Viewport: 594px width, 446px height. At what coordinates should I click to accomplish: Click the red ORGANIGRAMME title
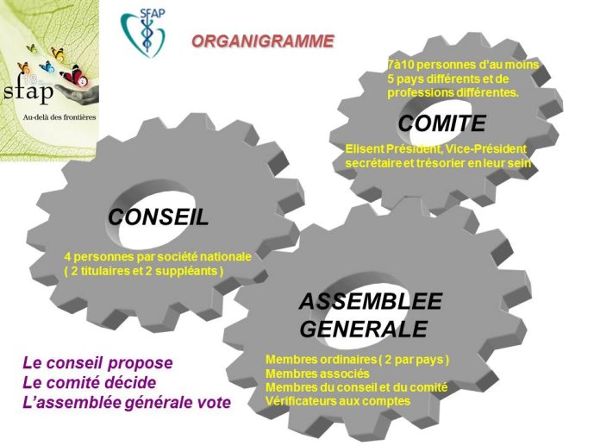[x=263, y=41]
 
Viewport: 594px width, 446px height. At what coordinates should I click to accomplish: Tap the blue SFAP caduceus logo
[x=144, y=32]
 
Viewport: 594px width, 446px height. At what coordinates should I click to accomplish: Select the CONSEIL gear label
[x=159, y=217]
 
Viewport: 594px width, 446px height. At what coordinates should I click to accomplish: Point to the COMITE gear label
[x=441, y=123]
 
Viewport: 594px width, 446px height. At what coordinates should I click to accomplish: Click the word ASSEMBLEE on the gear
[x=371, y=301]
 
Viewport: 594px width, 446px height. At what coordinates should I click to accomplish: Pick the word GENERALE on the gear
[x=364, y=329]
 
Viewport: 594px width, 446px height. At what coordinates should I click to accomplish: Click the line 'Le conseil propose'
[x=97, y=362]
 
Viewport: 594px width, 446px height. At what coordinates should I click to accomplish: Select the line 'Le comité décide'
[x=90, y=382]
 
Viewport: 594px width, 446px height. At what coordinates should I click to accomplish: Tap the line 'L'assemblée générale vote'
[x=127, y=402]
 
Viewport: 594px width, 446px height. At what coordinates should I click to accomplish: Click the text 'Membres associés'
[x=317, y=374]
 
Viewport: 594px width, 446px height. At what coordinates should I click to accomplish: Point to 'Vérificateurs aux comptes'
[x=338, y=401]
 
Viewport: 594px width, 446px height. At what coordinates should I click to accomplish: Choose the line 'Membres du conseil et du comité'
[x=356, y=387]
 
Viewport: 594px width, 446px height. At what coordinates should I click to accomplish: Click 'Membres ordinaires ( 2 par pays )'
[x=358, y=360]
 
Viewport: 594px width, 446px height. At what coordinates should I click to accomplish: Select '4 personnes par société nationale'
[x=158, y=256]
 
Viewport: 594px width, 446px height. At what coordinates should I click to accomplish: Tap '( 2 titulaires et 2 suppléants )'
[x=144, y=271]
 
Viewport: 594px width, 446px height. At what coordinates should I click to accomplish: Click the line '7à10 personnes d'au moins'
[x=463, y=65]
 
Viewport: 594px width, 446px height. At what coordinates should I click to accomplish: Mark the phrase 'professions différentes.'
[x=453, y=92]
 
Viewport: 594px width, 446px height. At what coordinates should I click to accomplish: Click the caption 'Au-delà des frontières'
[x=59, y=117]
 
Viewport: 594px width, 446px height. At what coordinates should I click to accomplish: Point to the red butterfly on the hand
[x=75, y=75]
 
